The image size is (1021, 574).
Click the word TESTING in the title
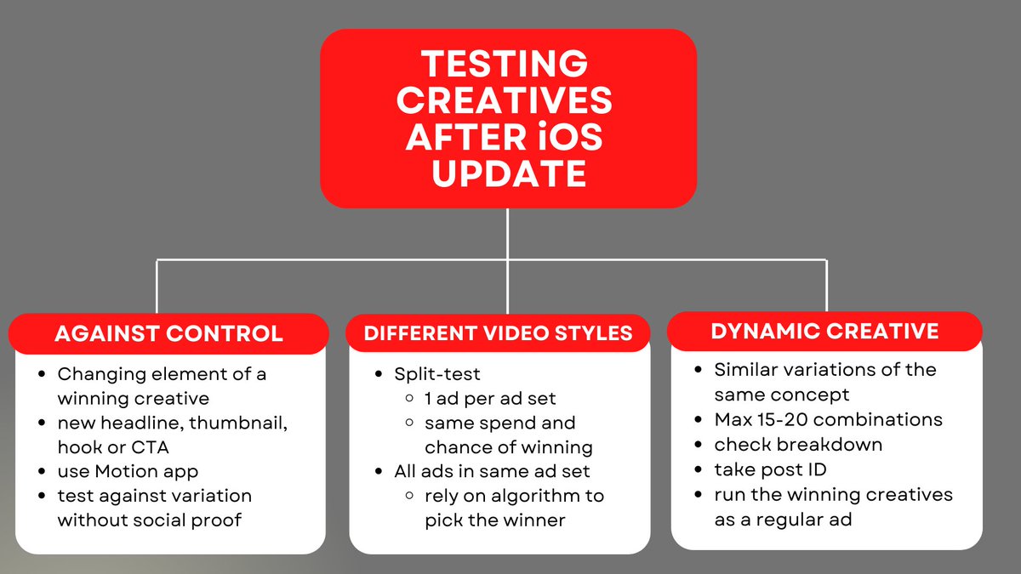pos(505,62)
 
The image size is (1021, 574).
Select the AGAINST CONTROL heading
pos(168,333)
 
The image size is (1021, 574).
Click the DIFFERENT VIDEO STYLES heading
pos(498,333)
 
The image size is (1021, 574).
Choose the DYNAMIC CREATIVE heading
pos(824,331)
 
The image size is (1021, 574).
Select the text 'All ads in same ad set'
pos(491,471)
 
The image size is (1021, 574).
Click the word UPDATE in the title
pos(508,174)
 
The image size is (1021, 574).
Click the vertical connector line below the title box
pos(508,234)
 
